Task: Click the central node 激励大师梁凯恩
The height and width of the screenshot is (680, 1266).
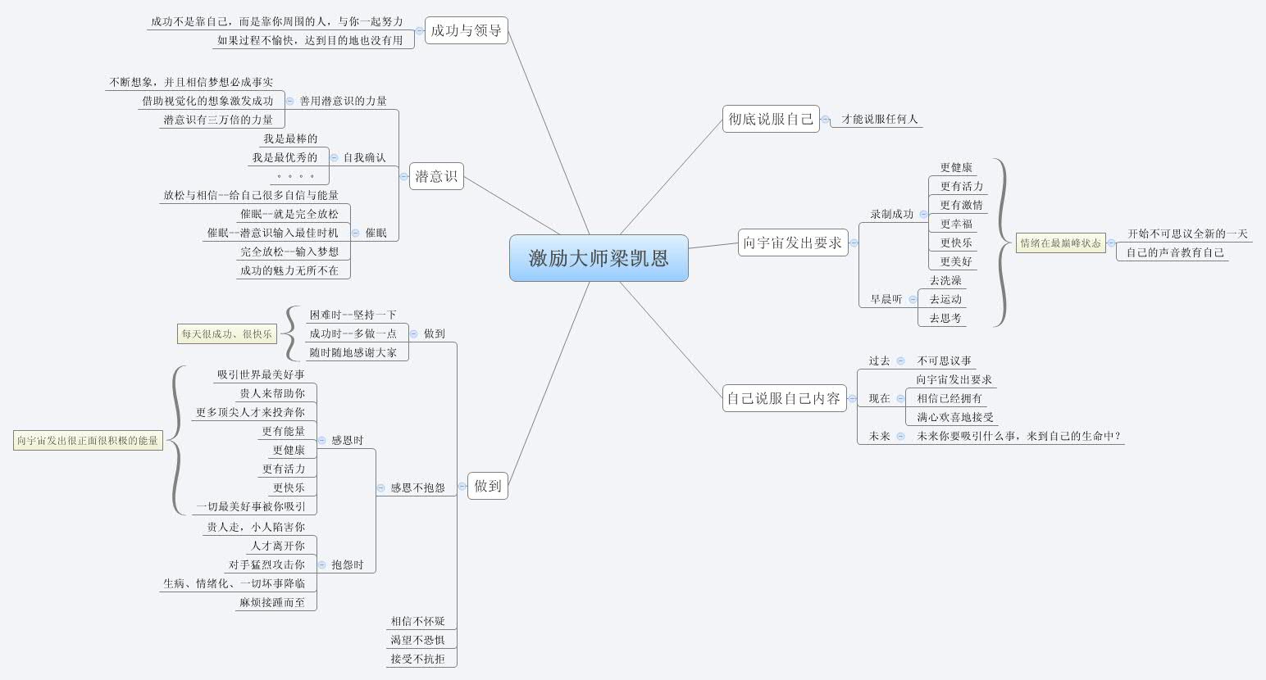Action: pos(599,258)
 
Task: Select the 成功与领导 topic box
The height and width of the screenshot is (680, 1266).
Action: pos(466,31)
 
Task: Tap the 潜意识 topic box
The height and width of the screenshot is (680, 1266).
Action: pos(436,176)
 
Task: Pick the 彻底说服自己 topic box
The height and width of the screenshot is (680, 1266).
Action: pos(771,120)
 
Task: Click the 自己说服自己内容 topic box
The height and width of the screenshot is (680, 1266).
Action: pos(784,398)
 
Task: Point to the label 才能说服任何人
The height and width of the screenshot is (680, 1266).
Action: pos(880,120)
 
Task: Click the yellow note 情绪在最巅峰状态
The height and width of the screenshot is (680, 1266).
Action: pos(1060,243)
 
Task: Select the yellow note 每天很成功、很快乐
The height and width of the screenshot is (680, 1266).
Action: pos(226,334)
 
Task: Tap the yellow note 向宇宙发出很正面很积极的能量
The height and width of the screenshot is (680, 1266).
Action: pos(88,441)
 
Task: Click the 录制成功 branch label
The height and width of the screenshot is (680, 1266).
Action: pos(891,215)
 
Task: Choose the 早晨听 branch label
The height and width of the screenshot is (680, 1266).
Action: pos(886,300)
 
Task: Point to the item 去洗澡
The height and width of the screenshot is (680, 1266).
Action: pos(945,281)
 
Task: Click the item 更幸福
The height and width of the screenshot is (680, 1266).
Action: pos(956,224)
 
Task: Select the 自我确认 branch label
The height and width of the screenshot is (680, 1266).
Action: pos(364,157)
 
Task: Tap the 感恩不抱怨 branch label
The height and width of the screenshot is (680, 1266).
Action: pos(417,488)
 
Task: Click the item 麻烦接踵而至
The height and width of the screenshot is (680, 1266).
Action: pos(272,603)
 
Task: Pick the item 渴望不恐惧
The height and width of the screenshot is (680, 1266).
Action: pos(417,641)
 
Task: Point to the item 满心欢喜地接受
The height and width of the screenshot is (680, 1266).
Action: pos(955,418)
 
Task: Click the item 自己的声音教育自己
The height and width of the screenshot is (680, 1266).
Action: pos(1175,253)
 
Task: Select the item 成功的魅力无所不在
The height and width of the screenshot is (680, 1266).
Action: pos(289,271)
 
